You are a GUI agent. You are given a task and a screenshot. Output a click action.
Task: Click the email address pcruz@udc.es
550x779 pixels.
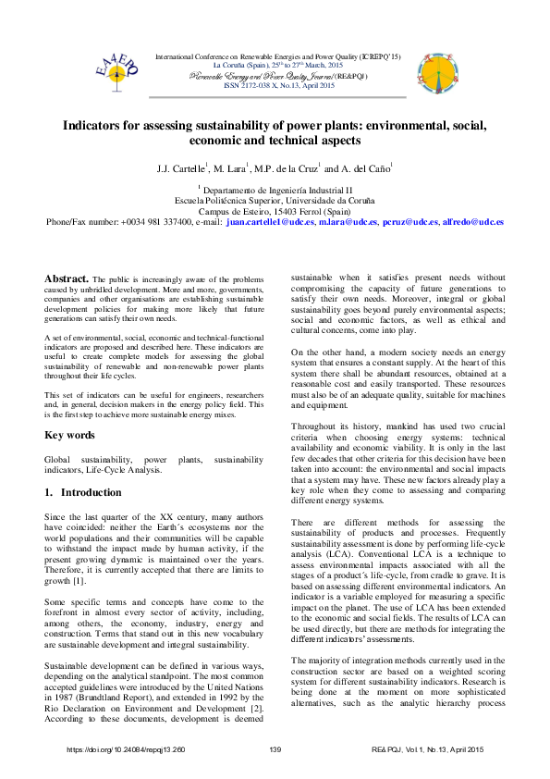point(382,223)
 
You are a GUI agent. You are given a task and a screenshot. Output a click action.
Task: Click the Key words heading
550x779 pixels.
point(69,435)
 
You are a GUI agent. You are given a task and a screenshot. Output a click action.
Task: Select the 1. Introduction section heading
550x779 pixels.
point(84,493)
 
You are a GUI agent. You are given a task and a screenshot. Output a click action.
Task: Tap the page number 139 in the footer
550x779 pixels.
point(275,748)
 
